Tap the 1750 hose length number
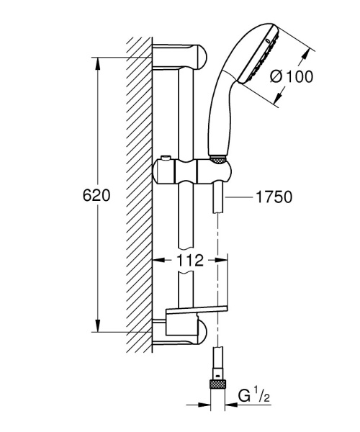[273, 196]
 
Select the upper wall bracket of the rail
[180, 55]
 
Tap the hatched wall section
[139, 194]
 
